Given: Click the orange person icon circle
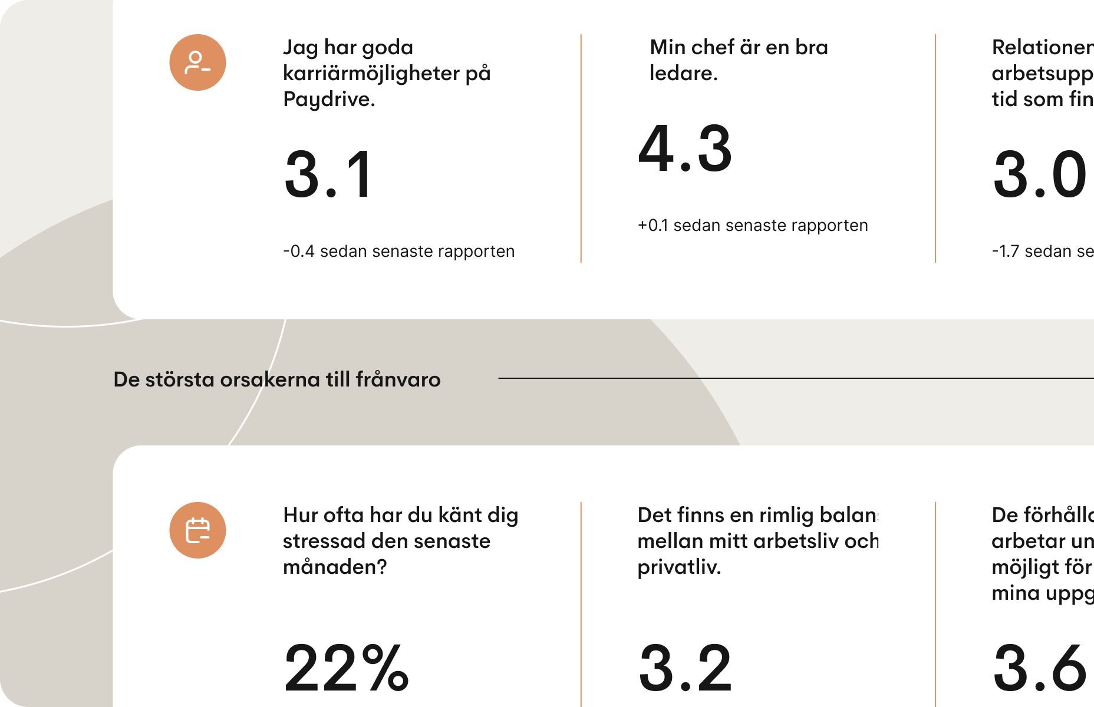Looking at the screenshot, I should (197, 62).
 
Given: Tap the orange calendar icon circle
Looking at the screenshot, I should (197, 530).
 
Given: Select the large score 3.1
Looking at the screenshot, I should (328, 175).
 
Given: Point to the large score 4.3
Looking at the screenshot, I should (685, 149).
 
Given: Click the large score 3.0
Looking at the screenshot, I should (1039, 175).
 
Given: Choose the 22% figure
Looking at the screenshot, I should (346, 668).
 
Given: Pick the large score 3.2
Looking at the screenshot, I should (685, 668).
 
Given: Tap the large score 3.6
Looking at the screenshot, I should (1039, 668).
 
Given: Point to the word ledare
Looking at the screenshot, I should (682, 74).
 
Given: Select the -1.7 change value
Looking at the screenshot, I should (1006, 252).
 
